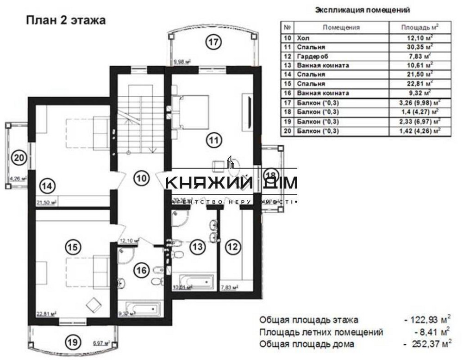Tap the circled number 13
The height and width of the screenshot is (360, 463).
(199, 247)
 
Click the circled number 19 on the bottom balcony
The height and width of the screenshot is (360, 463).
(71, 343)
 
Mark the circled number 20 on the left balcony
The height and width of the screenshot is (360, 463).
(18, 157)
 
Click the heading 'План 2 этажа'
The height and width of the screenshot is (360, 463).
(65, 20)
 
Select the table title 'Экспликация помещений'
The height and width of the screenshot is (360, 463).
(362, 9)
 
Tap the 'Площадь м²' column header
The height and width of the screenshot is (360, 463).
(420, 27)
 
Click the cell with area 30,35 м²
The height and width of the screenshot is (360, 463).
(420, 47)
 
